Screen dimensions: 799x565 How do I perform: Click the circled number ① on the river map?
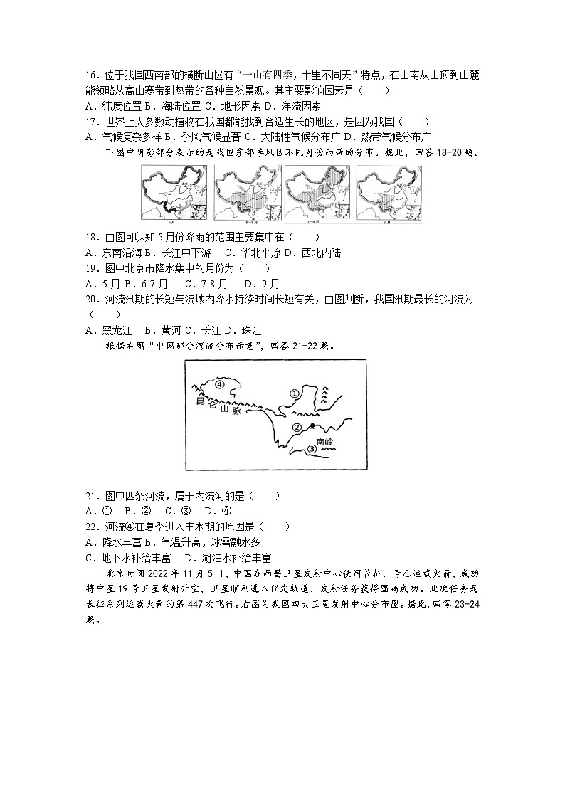pyautogui.click(x=293, y=393)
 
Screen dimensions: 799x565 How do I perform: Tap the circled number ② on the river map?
pyautogui.click(x=298, y=427)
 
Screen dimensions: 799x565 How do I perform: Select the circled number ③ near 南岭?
pyautogui.click(x=310, y=448)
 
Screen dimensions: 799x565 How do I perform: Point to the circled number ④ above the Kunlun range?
pyautogui.click(x=220, y=383)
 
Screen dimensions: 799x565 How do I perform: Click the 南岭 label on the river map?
pyautogui.click(x=324, y=442)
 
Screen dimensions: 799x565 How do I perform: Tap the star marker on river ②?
pyautogui.click(x=312, y=425)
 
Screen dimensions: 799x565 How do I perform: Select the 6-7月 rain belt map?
pyautogui.click(x=246, y=194)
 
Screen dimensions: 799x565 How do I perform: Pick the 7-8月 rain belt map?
pyautogui.click(x=317, y=194)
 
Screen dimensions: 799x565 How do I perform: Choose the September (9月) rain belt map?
pyautogui.click(x=389, y=194)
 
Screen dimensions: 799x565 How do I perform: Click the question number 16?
pyautogui.click(x=90, y=75)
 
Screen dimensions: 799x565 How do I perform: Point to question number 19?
pyautogui.click(x=90, y=269)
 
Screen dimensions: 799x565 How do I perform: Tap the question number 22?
pyautogui.click(x=90, y=527)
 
